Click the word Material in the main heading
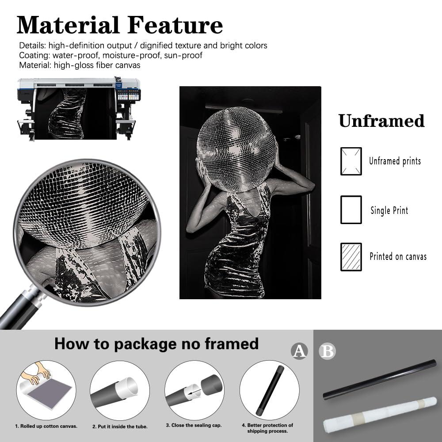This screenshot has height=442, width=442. (68, 25)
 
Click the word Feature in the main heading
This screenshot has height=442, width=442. (175, 25)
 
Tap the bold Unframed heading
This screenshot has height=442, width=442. (381, 121)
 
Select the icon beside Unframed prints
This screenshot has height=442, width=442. (351, 161)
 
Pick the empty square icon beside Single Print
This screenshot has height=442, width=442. (351, 210)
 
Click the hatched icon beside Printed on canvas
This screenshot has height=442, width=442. (351, 257)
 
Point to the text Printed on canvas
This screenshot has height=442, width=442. (398, 256)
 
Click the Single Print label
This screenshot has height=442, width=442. (389, 210)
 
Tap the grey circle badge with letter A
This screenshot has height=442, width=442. (299, 351)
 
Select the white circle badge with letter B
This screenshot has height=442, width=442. (327, 351)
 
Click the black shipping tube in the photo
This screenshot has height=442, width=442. (379, 380)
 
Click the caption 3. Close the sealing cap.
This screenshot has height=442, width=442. (194, 425)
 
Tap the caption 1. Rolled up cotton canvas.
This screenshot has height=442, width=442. (46, 426)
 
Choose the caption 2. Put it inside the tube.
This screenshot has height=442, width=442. (120, 427)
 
